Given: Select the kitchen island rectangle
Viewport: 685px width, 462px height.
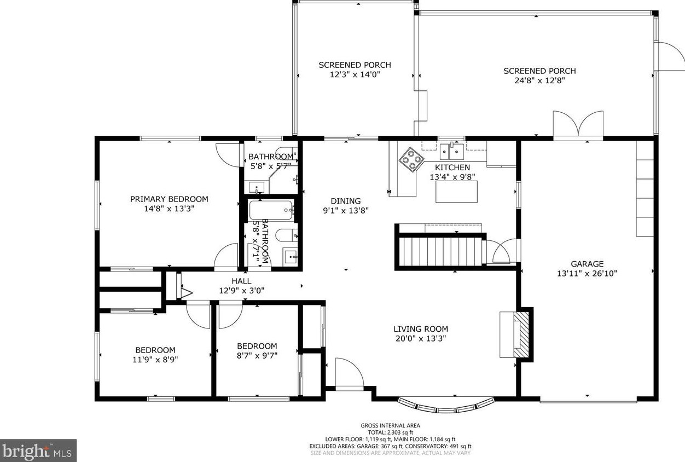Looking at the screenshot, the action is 456,192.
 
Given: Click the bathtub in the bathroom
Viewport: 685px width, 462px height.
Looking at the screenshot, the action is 271,210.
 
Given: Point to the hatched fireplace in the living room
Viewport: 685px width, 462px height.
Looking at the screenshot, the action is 521,334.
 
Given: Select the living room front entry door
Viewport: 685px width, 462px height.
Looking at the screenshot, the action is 350,374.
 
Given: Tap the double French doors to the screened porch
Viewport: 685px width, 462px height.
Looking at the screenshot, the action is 578,124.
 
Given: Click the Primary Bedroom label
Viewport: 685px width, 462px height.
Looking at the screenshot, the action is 169,199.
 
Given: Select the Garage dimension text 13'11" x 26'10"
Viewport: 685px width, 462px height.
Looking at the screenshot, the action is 587,273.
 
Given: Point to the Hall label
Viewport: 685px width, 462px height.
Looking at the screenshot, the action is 242,281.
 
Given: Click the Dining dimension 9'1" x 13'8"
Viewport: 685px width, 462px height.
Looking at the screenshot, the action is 346,211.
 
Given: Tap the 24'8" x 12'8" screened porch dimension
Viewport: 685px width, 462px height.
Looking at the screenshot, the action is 540,80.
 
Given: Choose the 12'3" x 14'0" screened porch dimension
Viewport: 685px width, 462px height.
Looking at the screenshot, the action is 355,74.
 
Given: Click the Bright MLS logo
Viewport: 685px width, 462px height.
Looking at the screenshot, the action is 38,451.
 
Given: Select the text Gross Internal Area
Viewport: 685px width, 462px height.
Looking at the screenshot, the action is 391,425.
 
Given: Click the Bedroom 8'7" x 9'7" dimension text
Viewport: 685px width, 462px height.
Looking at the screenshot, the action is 257,355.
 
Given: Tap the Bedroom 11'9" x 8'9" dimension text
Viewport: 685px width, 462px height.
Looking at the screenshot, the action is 155,360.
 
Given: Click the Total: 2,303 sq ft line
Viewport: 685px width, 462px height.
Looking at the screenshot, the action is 391,432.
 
